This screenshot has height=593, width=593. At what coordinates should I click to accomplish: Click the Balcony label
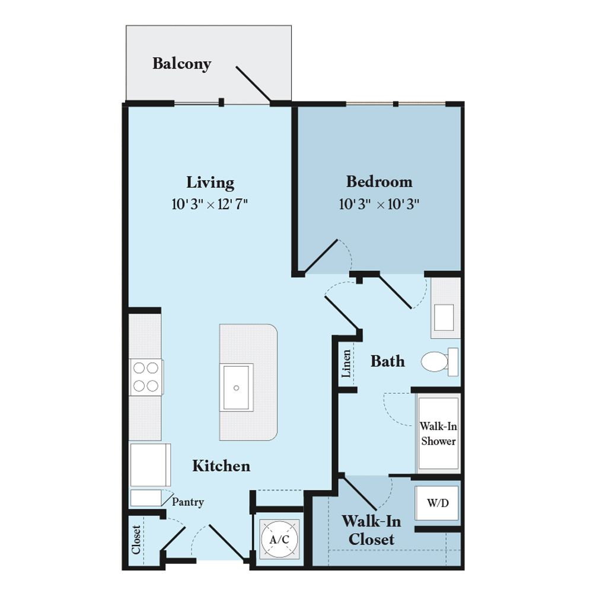coord(181,63)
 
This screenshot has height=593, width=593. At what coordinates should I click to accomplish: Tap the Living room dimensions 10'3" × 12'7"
coord(209,204)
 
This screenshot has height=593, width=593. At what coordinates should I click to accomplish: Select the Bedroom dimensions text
coord(379,204)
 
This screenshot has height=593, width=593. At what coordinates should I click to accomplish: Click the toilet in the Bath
coord(439,362)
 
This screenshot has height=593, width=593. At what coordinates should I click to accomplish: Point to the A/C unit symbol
coord(279,539)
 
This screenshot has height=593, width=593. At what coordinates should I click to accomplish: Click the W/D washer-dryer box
coord(437,503)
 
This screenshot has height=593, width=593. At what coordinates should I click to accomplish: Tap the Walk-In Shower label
coord(438,433)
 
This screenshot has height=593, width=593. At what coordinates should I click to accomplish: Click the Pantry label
coord(188,502)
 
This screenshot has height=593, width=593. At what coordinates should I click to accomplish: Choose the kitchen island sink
coord(237,387)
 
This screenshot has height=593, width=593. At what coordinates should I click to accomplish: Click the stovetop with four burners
coord(146,377)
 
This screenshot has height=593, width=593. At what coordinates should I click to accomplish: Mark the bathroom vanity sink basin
coord(444,318)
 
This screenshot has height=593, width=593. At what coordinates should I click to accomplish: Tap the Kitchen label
coord(221,466)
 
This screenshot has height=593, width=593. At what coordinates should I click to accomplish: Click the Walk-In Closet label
coord(371,530)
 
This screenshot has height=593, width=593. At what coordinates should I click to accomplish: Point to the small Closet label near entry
coord(136,540)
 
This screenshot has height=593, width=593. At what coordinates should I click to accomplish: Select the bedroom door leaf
coord(321,256)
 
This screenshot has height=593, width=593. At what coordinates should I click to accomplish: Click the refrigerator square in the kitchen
coord(150,465)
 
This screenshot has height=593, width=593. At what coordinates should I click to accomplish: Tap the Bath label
coord(388,361)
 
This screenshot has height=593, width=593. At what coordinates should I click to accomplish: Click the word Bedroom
coord(380,182)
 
